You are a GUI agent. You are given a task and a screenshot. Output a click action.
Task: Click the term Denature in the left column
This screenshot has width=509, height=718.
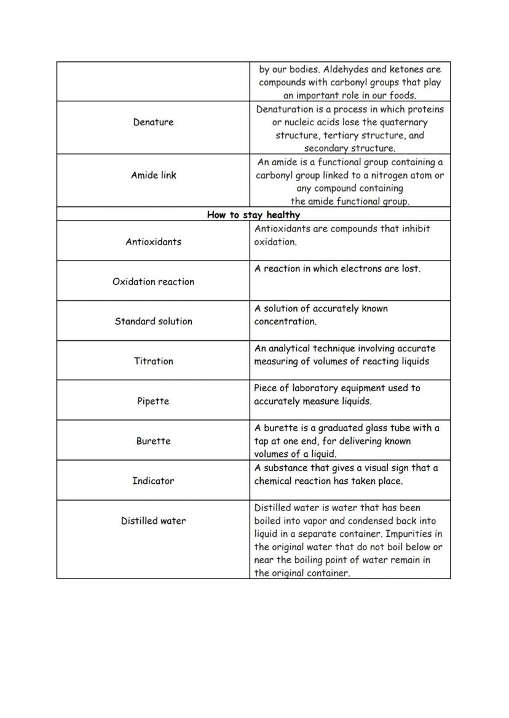click(x=153, y=122)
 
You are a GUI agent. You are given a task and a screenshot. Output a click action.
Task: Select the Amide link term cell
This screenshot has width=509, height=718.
click(x=153, y=175)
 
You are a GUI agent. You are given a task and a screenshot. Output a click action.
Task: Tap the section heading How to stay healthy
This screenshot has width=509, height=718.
click(x=253, y=215)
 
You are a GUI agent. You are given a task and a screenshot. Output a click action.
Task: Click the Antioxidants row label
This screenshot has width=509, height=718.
click(x=153, y=242)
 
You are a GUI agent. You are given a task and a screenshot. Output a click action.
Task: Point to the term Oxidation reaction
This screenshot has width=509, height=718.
click(x=153, y=282)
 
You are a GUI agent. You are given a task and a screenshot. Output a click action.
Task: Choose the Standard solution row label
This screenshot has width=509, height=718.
click(x=153, y=321)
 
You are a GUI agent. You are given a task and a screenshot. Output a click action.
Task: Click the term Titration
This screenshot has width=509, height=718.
click(x=153, y=361)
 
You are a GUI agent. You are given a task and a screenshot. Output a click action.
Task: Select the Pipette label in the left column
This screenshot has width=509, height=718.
click(x=153, y=401)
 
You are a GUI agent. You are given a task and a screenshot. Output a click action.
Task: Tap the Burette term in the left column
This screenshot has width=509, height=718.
click(x=153, y=441)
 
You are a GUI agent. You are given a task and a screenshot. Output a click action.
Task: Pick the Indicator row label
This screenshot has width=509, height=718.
click(x=153, y=481)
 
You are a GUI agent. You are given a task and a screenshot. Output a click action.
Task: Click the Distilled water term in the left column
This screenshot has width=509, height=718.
click(x=153, y=521)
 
